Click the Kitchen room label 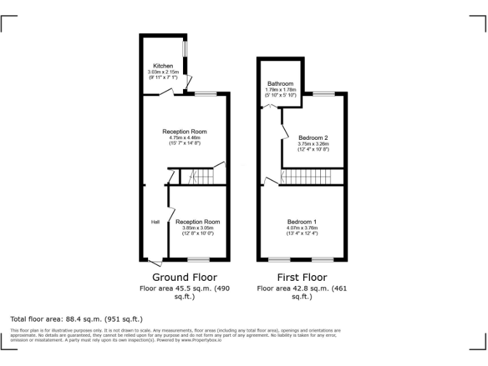click(163, 66)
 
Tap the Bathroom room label click(280, 84)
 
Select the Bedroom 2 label click(313, 138)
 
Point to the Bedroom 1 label click(302, 221)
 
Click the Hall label click(155, 222)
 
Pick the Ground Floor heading click(184, 277)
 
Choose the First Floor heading click(302, 277)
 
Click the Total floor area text click(76, 318)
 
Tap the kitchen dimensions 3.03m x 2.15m click(163, 72)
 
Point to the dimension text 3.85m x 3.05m click(198, 227)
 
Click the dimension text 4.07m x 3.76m click(302, 227)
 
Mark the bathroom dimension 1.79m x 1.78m click(280, 90)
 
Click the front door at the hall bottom click(154, 261)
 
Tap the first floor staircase click(311, 177)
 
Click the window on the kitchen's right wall click(185, 49)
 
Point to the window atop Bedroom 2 click(323, 94)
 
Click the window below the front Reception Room click(198, 260)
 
